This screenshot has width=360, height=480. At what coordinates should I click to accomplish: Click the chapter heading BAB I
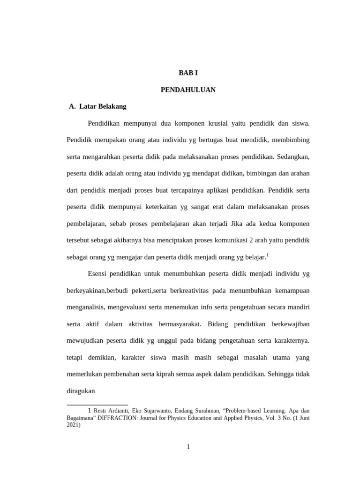tap(188, 73)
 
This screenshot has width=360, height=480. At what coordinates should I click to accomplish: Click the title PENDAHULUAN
tap(188, 90)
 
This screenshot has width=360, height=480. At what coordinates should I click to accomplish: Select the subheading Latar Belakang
tap(103, 106)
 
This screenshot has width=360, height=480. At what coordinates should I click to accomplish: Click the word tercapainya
tap(182, 190)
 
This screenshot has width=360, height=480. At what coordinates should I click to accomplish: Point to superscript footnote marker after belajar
tap(267, 255)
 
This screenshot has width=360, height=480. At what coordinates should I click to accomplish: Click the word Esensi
tap(98, 274)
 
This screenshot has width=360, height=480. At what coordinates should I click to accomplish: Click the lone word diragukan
tap(81, 390)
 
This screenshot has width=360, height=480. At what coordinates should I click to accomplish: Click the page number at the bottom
tap(188, 447)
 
